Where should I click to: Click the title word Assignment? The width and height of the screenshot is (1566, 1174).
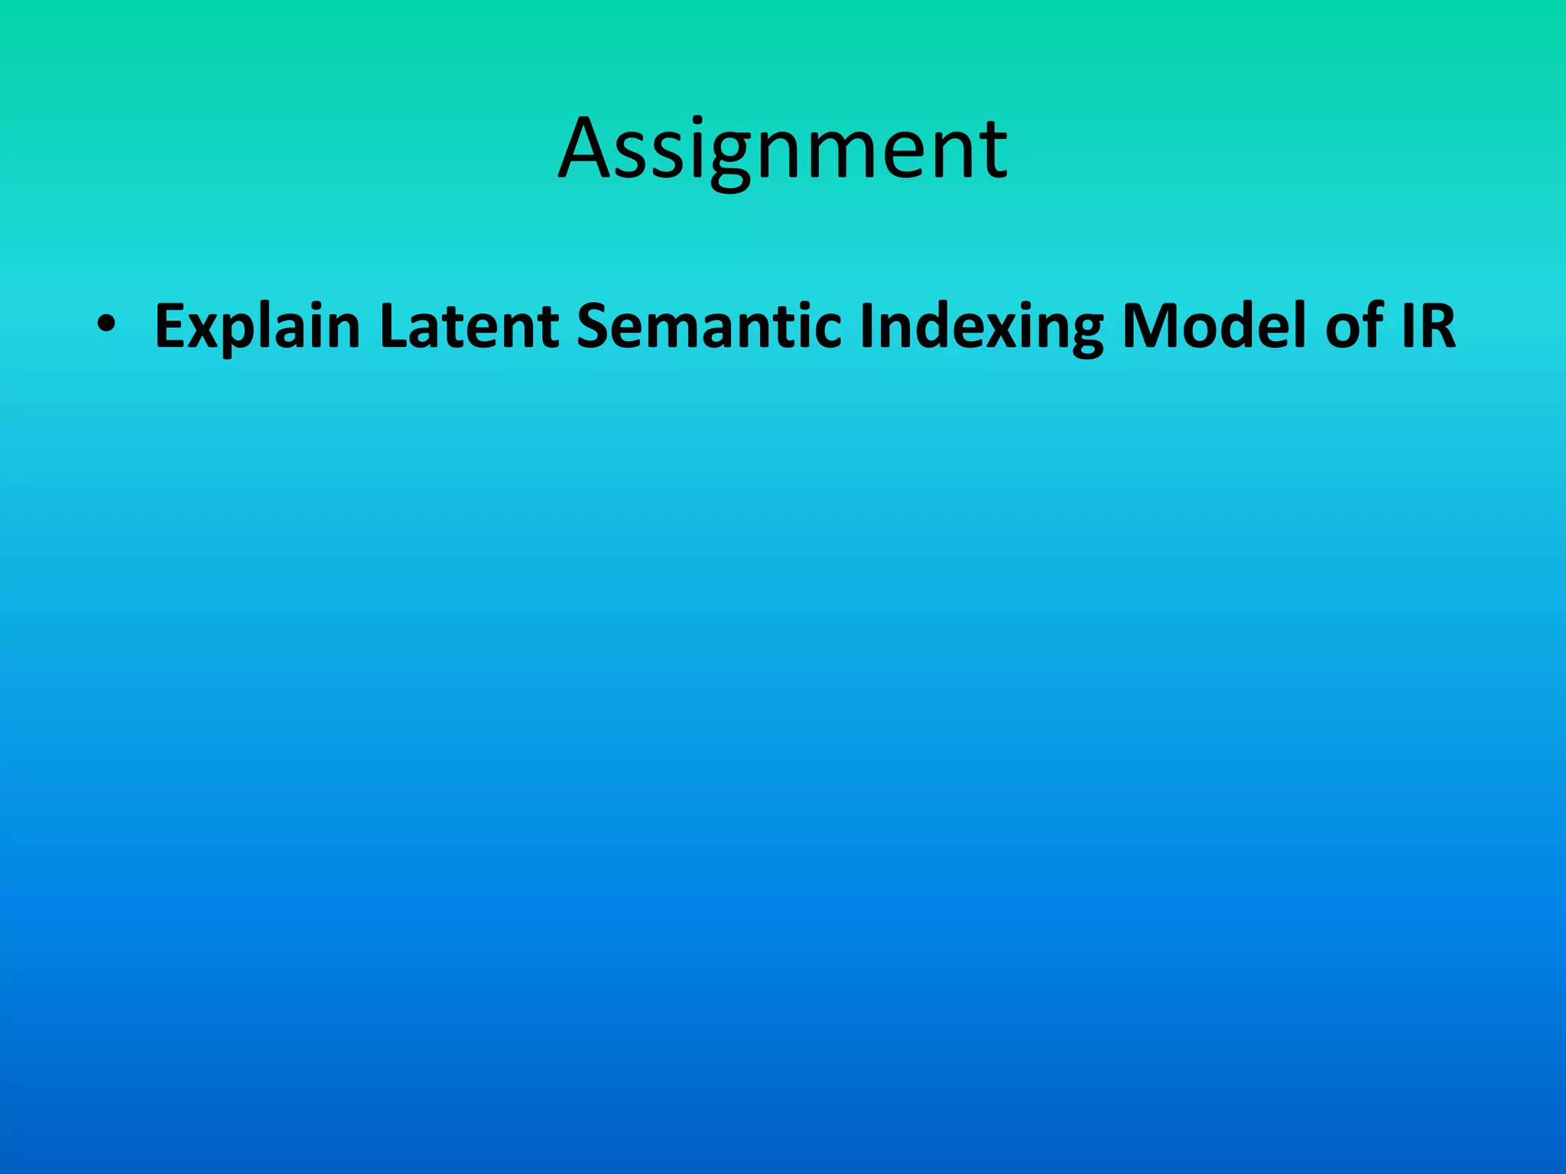pos(783,149)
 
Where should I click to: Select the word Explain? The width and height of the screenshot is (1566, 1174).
pos(257,326)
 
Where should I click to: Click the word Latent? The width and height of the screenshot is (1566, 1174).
pos(469,326)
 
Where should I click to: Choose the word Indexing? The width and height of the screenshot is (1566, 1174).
pos(981,326)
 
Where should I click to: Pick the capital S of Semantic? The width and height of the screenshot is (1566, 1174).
pos(593,326)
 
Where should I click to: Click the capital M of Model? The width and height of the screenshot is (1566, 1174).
pos(1147,326)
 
